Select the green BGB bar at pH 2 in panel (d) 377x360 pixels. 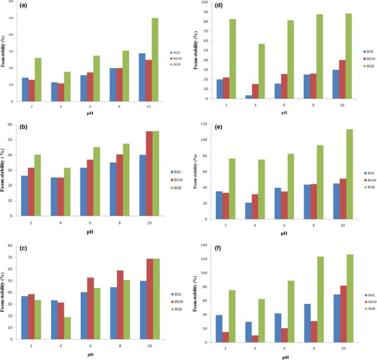pyautogui.click(x=217, y=58)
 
